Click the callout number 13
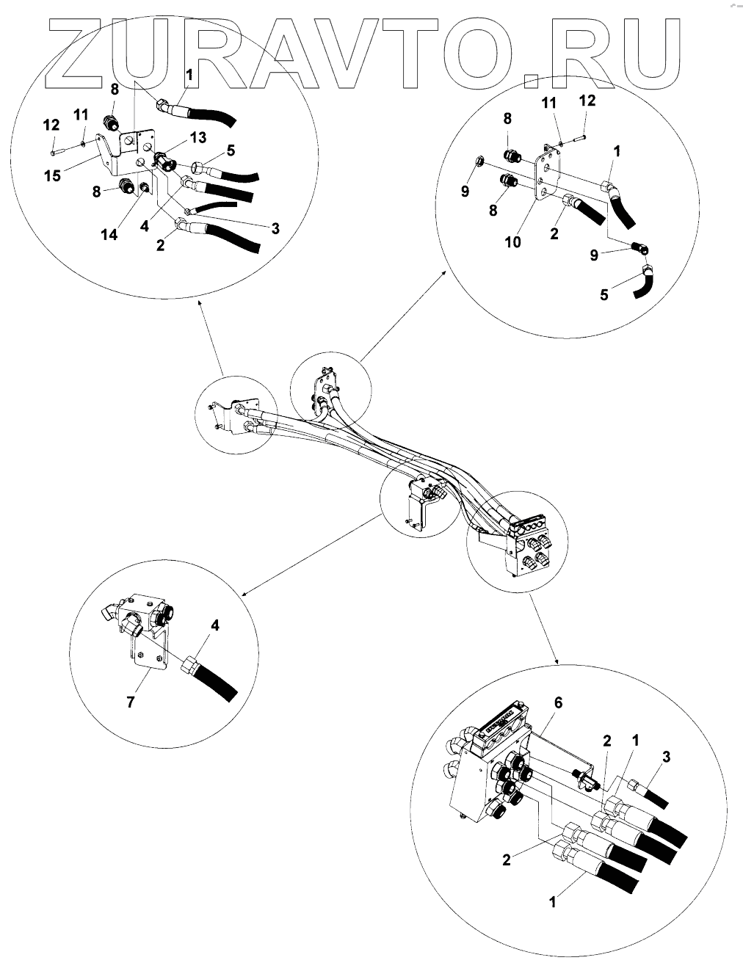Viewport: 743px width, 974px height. [x=197, y=138]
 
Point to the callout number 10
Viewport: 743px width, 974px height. [x=512, y=241]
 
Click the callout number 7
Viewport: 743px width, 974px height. [x=131, y=702]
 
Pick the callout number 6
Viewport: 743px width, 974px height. [x=558, y=702]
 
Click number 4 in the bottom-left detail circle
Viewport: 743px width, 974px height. [x=215, y=625]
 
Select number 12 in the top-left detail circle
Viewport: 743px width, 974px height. [x=51, y=126]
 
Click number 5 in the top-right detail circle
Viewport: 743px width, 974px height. [x=604, y=295]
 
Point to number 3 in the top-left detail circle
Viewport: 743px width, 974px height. [x=275, y=228]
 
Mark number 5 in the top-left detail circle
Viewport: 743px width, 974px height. [x=231, y=150]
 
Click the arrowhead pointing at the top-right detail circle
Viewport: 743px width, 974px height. [x=446, y=272]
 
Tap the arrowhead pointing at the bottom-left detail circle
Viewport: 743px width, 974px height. [x=244, y=595]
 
